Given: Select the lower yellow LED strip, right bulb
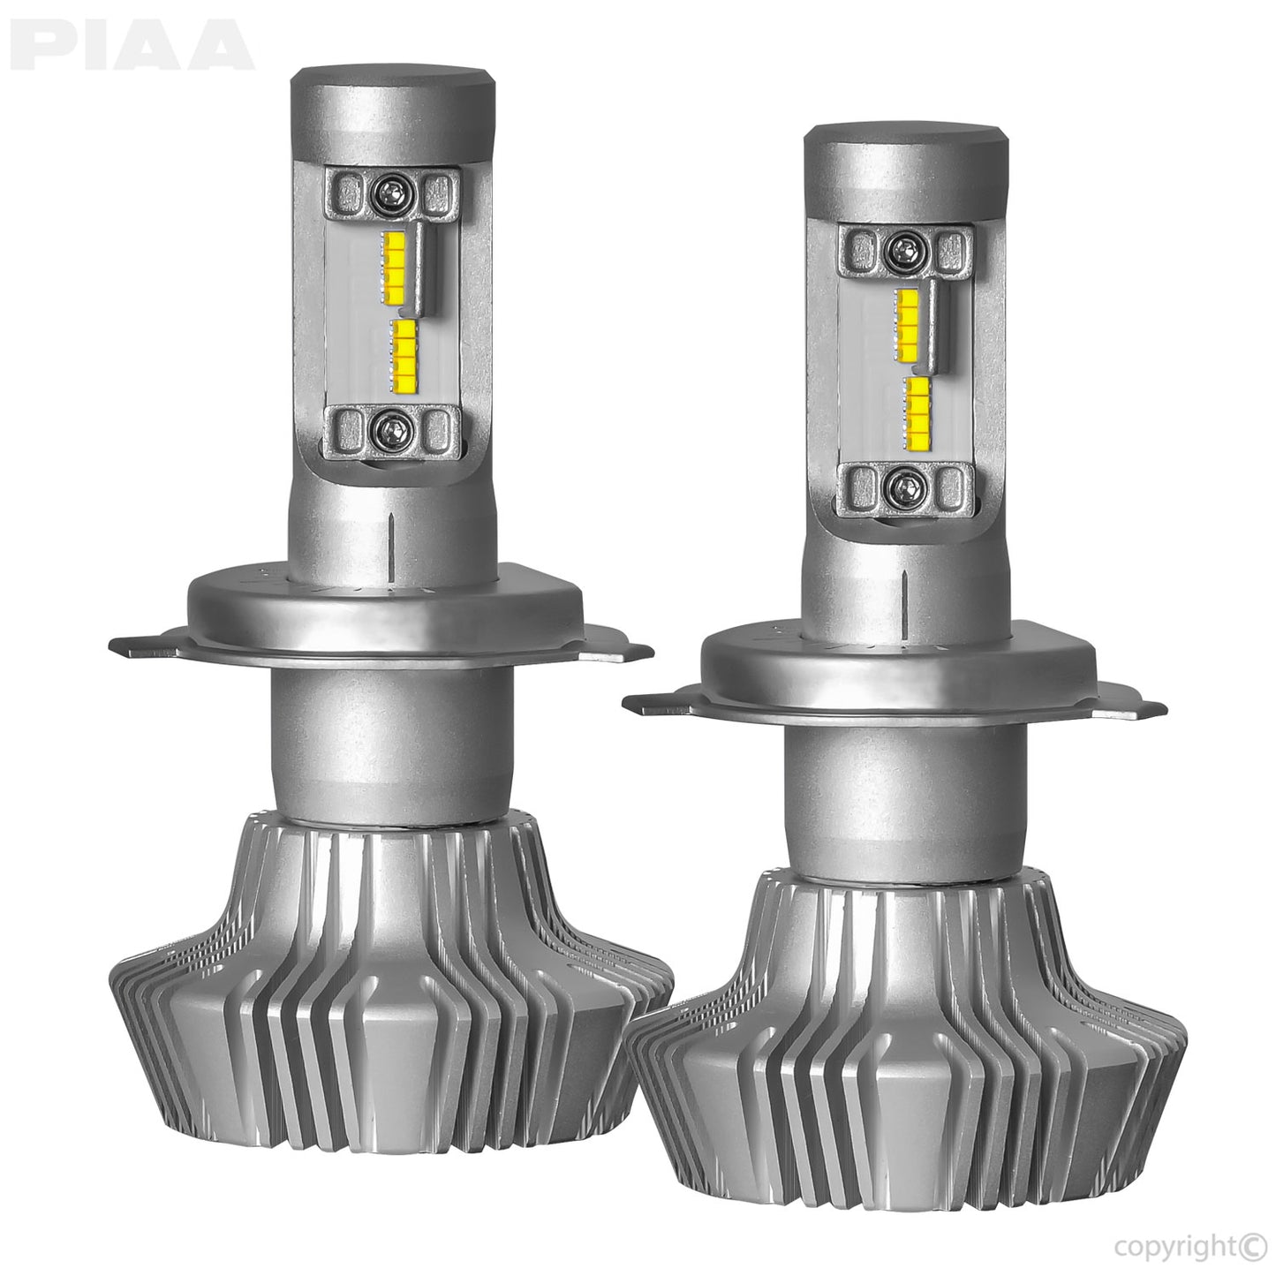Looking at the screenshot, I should (918, 409).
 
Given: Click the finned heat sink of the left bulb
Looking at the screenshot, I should (389, 998).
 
